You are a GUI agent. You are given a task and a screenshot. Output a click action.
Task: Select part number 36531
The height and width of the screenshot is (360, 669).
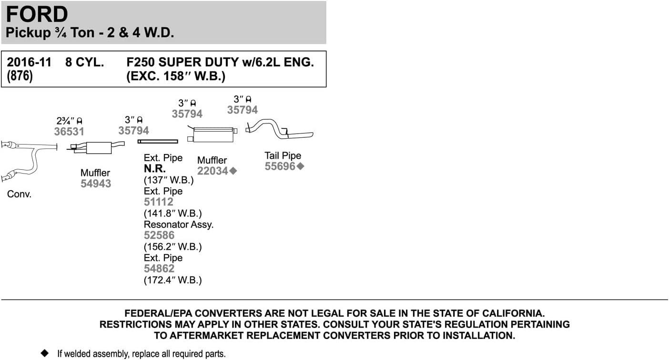coord(69,132)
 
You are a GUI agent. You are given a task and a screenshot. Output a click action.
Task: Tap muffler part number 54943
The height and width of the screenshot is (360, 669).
coord(95,184)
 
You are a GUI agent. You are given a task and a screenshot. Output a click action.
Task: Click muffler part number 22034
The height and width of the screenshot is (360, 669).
coord(213,171)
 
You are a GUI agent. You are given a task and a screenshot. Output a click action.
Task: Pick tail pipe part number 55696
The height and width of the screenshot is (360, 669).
coord(280,166)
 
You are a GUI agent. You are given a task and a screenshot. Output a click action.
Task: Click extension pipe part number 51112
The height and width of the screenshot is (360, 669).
coord(159,202)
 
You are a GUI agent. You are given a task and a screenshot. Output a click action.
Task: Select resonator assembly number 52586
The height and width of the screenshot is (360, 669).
coord(159,235)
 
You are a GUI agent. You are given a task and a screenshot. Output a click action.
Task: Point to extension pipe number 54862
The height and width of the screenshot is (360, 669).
coord(159,268)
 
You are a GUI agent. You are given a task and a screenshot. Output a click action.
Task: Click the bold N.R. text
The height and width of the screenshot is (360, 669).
coord(155,169)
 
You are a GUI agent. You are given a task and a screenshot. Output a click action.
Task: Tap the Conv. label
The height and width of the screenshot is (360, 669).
coord(19,195)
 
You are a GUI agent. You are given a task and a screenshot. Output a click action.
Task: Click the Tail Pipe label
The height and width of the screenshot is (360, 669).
coord(283,155)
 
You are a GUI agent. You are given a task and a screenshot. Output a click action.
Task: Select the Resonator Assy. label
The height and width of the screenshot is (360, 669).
coord(178,224)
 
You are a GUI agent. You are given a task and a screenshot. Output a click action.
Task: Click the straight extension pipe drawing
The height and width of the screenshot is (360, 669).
coord(158,141)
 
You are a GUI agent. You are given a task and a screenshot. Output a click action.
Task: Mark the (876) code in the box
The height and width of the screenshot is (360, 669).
coord(19,76)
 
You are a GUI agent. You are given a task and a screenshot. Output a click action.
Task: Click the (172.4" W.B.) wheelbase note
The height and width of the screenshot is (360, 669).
coord(172,280)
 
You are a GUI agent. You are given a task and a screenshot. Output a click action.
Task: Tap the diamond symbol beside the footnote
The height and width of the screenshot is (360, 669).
coord(45,353)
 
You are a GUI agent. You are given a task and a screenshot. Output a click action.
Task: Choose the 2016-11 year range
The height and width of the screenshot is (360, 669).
coord(29,62)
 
